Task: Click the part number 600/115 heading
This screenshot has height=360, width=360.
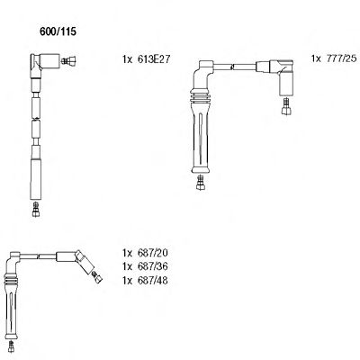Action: tap(58, 31)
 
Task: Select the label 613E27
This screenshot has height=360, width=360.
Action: tap(154, 59)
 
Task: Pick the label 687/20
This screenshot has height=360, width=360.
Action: tap(152, 253)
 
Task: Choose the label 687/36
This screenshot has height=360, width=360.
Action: tap(152, 266)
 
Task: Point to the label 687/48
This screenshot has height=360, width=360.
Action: tap(152, 281)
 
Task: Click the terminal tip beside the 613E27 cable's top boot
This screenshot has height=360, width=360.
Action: tap(68, 61)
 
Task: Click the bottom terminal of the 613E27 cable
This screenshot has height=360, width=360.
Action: tap(36, 209)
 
